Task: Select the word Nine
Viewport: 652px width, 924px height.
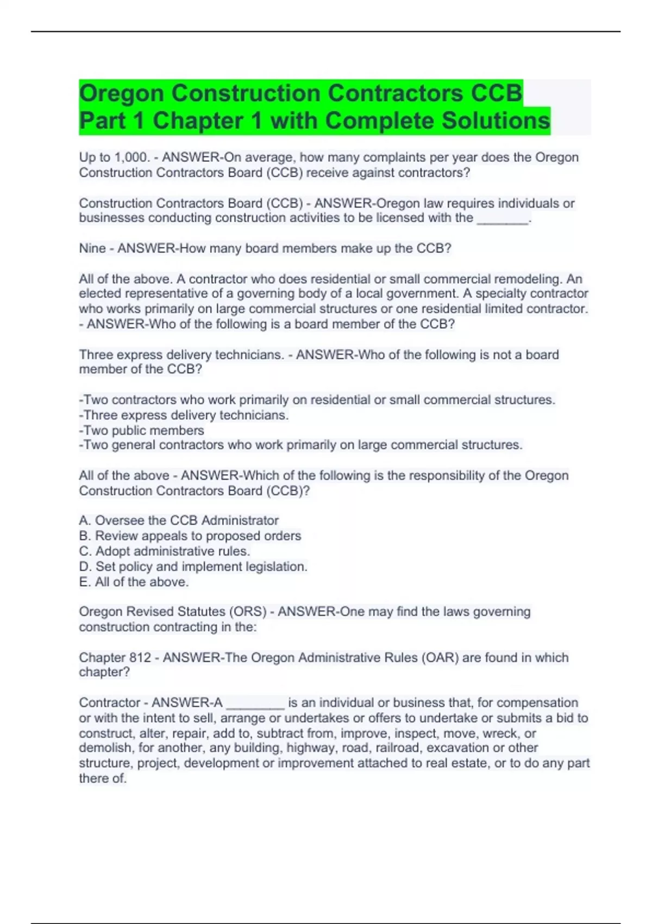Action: click(x=92, y=248)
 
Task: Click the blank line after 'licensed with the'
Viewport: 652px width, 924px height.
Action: click(x=503, y=218)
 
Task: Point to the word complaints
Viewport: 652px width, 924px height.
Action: click(x=389, y=158)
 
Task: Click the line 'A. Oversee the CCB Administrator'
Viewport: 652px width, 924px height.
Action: click(x=179, y=521)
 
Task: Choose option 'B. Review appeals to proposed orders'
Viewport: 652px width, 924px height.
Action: click(x=190, y=536)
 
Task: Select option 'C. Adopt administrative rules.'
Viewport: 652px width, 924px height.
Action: click(x=164, y=551)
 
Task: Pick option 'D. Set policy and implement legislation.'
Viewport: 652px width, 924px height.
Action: click(x=193, y=566)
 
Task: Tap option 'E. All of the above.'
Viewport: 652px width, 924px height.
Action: click(x=134, y=582)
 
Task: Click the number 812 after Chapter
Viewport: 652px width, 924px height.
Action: click(x=140, y=658)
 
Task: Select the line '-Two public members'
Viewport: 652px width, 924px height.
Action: click(x=141, y=430)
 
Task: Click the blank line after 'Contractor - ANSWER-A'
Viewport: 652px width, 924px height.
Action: click(x=255, y=703)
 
